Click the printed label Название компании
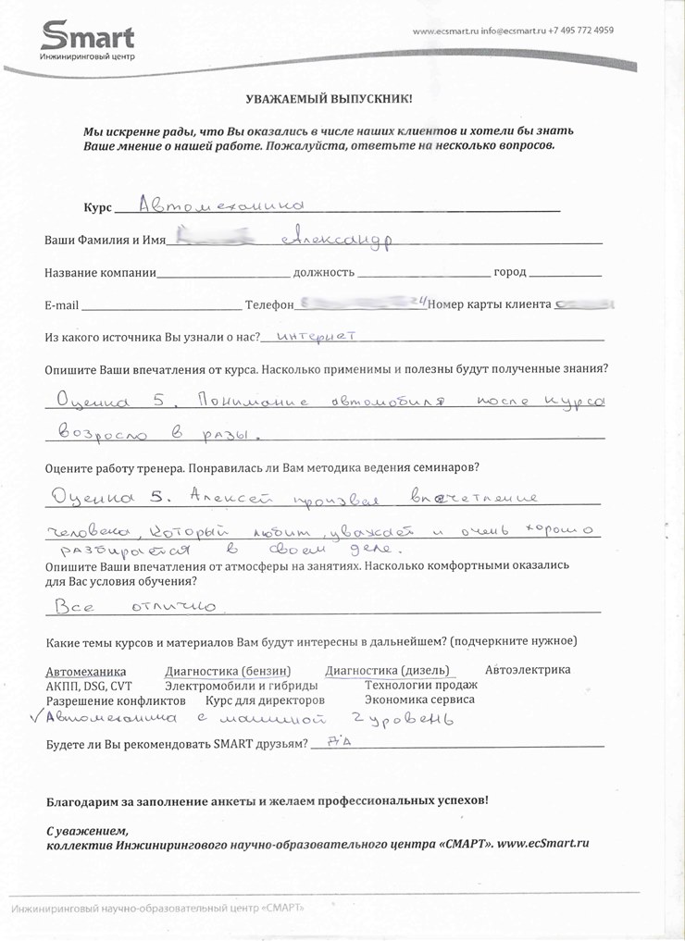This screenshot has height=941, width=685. pos(101,273)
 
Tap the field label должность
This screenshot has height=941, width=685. pos(324,273)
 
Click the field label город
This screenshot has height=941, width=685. pos(510,273)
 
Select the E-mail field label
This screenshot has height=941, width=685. pos(62,305)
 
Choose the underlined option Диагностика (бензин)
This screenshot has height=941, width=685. pos(228,671)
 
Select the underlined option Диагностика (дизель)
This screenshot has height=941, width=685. pos(387,671)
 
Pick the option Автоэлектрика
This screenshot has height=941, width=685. pos(528,670)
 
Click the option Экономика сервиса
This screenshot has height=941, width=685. pos(419,700)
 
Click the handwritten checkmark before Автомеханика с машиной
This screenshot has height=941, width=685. pos(36,716)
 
